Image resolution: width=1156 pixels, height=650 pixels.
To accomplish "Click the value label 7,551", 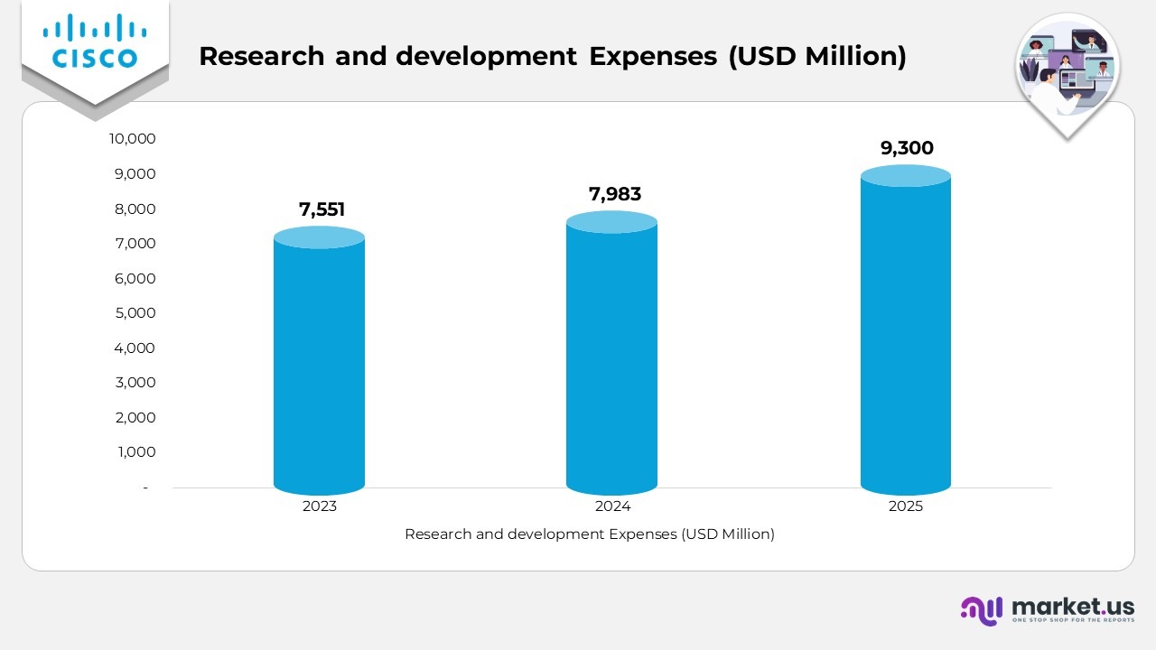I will [322, 210].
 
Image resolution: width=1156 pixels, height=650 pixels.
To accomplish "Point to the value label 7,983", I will [615, 194].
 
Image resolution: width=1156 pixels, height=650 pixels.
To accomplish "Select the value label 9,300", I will [907, 148].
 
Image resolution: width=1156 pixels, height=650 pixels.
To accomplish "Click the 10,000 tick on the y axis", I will [132, 138].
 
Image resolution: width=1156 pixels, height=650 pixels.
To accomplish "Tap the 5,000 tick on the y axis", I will [135, 312].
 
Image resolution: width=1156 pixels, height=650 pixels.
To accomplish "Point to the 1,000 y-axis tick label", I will [136, 451].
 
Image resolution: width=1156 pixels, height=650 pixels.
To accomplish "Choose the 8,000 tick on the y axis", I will [135, 209].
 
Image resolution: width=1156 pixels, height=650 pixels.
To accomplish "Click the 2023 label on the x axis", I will [319, 506].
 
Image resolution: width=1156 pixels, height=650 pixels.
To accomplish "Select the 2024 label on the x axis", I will [612, 506].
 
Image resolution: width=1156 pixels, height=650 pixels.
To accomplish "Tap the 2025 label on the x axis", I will [905, 506].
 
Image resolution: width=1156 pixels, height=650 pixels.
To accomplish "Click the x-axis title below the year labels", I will [589, 534].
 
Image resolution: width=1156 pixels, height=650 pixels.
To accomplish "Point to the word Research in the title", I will [261, 56].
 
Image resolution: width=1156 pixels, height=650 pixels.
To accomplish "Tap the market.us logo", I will [1047, 610].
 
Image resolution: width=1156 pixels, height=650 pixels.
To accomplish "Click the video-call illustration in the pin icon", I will [1067, 70].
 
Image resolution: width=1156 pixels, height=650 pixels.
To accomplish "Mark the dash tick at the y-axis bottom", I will [144, 487].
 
